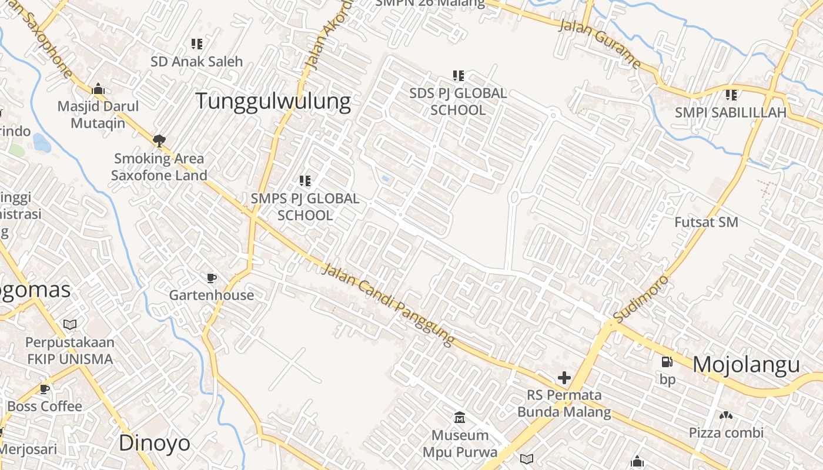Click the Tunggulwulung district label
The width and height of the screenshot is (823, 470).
click(x=273, y=101)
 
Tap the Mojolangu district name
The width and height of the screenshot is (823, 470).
click(x=746, y=365)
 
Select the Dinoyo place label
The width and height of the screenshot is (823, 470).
click(x=155, y=443)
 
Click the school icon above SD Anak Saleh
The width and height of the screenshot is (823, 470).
click(x=197, y=44)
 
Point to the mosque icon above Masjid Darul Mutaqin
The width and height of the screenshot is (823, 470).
click(x=98, y=89)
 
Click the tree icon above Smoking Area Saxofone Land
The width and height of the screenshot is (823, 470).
click(x=159, y=140)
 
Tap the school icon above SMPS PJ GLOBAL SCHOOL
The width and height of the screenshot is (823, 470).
click(x=305, y=180)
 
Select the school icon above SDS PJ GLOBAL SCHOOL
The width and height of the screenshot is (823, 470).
click(x=459, y=75)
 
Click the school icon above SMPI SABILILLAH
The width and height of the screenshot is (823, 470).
click(x=731, y=95)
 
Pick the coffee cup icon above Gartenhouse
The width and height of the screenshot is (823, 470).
click(x=212, y=278)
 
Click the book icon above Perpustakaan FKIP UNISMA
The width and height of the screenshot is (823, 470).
click(x=70, y=324)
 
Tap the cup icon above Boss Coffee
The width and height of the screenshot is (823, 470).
click(x=45, y=389)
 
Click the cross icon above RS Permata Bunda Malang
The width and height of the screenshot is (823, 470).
click(x=564, y=378)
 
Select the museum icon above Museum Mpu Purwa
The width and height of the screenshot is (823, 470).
click(x=460, y=418)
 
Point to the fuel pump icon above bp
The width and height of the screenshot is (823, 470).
click(x=667, y=362)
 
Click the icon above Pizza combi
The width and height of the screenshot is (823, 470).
click(x=726, y=415)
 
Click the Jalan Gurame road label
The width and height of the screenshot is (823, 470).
click(x=599, y=43)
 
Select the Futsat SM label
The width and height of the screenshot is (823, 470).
click(x=706, y=222)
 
